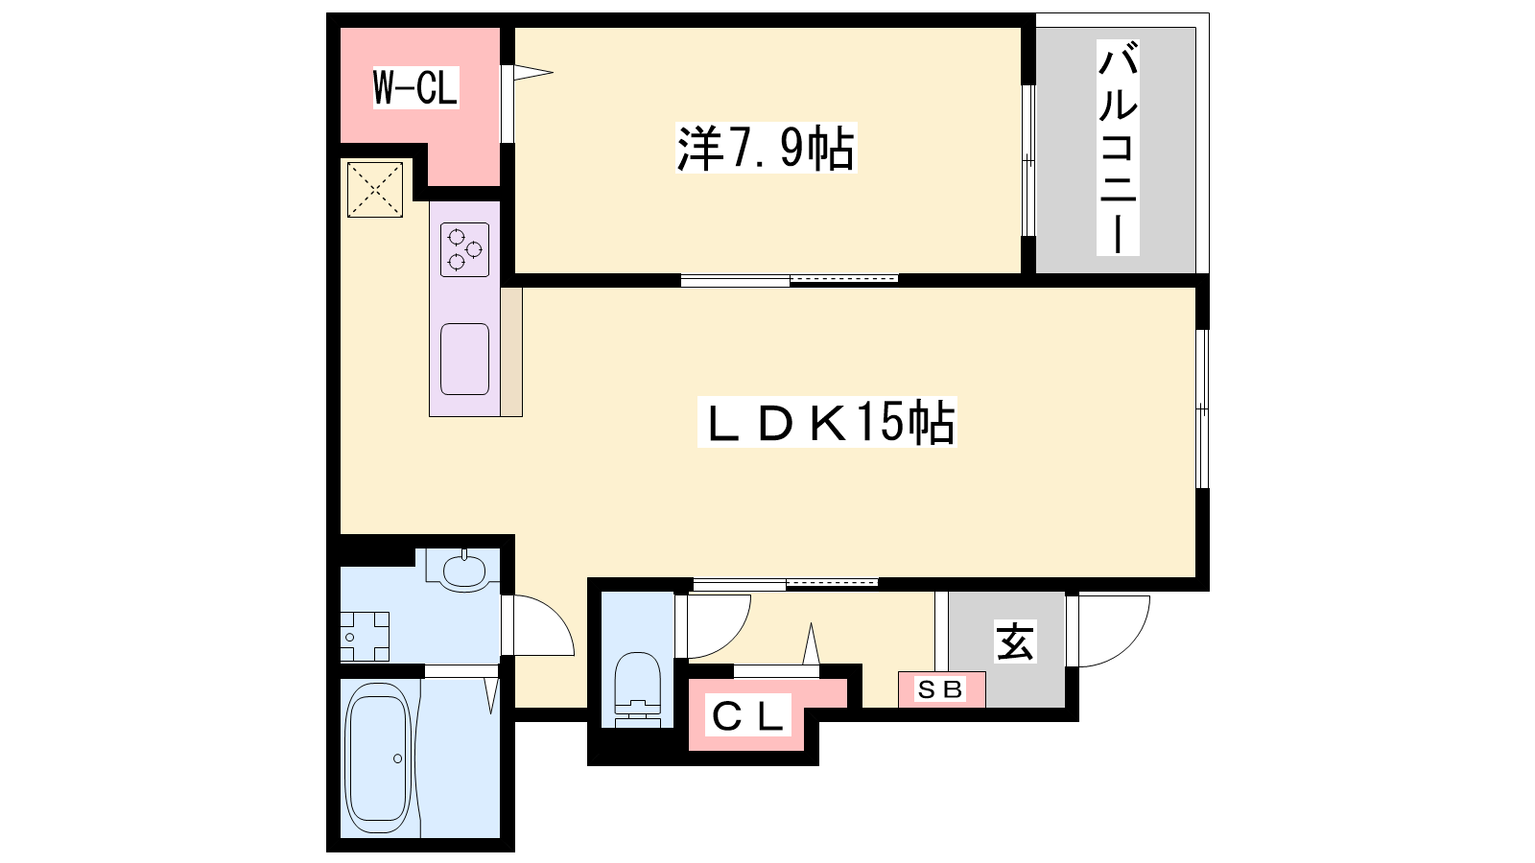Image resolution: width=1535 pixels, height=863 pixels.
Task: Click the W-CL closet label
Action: click(415, 87)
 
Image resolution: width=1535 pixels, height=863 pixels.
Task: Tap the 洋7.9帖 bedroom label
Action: click(767, 148)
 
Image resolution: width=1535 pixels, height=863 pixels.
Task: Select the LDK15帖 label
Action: click(827, 423)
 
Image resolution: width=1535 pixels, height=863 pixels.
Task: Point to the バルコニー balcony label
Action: click(1118, 148)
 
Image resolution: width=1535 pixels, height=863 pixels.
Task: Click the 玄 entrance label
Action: click(1016, 641)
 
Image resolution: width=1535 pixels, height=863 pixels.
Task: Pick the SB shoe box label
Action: click(941, 689)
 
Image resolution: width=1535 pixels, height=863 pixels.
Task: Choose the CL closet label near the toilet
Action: click(747, 717)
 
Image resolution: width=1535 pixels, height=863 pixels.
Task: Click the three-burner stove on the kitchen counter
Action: click(464, 249)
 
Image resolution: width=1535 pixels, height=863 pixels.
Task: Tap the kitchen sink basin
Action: click(464, 360)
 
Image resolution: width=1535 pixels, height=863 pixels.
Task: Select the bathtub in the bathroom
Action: click(378, 758)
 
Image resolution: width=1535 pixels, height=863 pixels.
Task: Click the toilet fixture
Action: click(638, 689)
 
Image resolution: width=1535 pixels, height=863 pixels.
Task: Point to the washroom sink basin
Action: click(464, 570)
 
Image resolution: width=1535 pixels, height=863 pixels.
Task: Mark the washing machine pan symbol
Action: click(365, 637)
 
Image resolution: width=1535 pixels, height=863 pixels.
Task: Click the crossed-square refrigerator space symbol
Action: click(375, 190)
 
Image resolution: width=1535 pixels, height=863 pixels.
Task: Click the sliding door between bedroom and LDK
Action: click(790, 279)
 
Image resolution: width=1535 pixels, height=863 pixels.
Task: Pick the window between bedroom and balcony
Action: click(1027, 160)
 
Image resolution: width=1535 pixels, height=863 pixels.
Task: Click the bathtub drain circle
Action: click(398, 758)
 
